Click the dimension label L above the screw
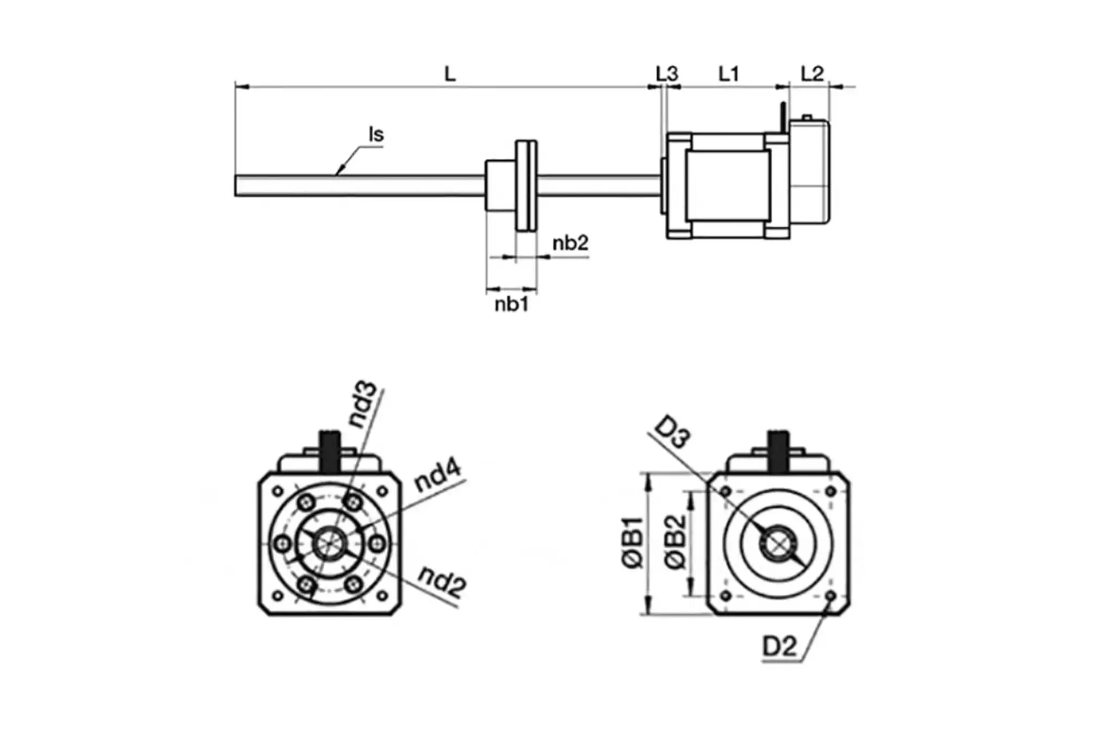[x=449, y=73]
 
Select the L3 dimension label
[x=666, y=73]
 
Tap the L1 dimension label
[x=728, y=73]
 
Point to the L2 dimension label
[x=812, y=73]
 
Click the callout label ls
[x=376, y=134]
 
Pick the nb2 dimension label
[x=570, y=243]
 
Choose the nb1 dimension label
[x=511, y=305]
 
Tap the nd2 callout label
[x=442, y=582]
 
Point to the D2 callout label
[x=779, y=647]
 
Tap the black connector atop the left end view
[x=330, y=451]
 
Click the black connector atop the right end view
[x=778, y=451]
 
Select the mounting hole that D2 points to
[x=830, y=596]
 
